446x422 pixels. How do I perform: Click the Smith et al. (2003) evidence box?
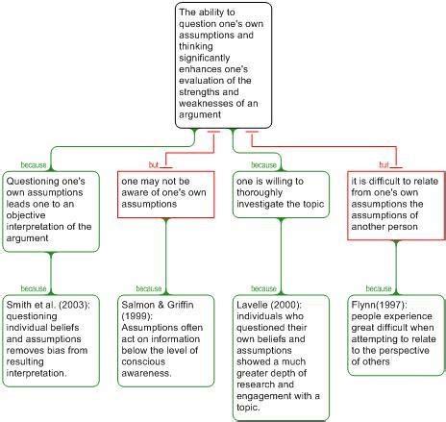(x=50, y=339)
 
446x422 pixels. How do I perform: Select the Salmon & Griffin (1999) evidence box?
(x=163, y=333)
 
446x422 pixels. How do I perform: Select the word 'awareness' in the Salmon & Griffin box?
(x=151, y=360)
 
